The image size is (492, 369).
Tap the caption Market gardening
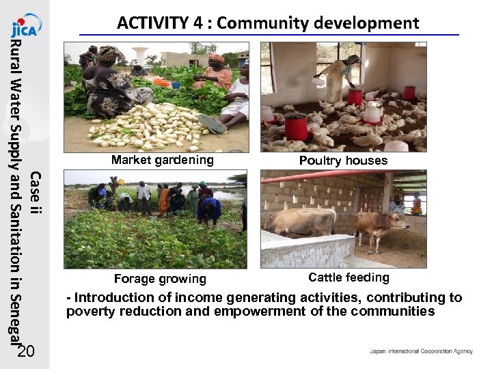pos(163,161)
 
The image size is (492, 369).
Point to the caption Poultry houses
pos(343,161)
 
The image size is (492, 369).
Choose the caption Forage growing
pos(160,279)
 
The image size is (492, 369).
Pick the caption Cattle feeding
pos(348,277)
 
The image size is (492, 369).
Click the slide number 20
pos(25,352)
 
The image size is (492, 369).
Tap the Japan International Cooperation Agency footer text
pos(421,351)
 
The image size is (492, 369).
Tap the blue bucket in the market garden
pos(176,85)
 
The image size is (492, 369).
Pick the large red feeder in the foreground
pos(295,126)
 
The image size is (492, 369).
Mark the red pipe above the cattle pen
pos(321,176)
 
